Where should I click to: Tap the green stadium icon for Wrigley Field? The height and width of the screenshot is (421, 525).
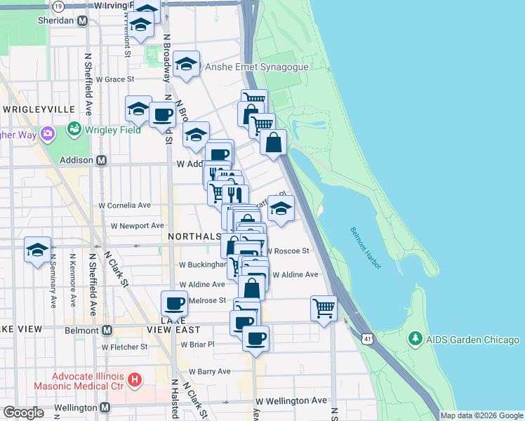pos(73,129)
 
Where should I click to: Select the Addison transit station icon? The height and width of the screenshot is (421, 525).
pos(101,161)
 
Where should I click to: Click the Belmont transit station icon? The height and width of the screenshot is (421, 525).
pos(107,330)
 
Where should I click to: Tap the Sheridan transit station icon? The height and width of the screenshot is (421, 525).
pos(83,20)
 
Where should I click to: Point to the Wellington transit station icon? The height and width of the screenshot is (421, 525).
pos(105,408)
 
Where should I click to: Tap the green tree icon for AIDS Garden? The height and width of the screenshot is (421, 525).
pos(414,340)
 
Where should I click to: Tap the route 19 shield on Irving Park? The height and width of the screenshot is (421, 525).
pos(58,6)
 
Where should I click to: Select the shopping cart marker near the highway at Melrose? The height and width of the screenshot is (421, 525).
pos(324,307)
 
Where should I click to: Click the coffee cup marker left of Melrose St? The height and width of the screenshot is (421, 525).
pos(174,303)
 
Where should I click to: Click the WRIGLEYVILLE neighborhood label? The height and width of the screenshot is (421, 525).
pos(39,109)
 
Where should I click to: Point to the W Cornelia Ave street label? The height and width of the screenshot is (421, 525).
pos(125,206)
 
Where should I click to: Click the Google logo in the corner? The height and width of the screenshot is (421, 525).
pos(23,413)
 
